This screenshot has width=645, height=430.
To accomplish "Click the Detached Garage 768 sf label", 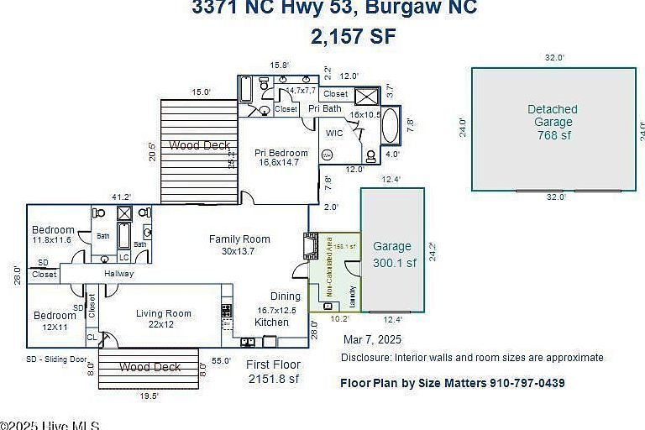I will [x=553, y=122].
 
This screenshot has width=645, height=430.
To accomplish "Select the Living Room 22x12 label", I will [x=164, y=319].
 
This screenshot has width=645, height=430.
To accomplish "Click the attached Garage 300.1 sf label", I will [x=393, y=254].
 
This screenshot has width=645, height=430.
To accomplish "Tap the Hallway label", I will [x=118, y=275].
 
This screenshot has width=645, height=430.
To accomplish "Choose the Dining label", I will [x=285, y=296].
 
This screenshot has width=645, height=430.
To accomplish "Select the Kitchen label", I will [x=271, y=322].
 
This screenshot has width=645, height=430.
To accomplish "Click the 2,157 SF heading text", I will [x=353, y=36].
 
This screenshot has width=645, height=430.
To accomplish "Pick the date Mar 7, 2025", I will [x=373, y=340].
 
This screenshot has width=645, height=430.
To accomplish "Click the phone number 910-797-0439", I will [x=527, y=383].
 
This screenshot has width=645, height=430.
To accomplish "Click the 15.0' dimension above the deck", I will [x=201, y=92].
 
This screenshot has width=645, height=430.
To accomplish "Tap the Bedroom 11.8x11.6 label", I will [x=53, y=235].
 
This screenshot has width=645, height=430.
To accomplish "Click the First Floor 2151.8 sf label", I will [x=273, y=372].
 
